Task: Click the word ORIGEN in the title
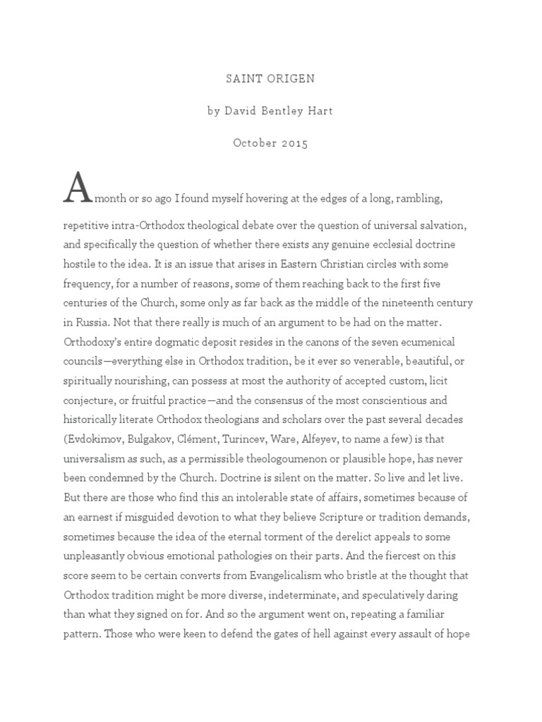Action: pos(287,78)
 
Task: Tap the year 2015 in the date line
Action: pos(293,143)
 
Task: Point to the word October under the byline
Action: pos(253,143)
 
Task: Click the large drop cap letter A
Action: pos(78,188)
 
